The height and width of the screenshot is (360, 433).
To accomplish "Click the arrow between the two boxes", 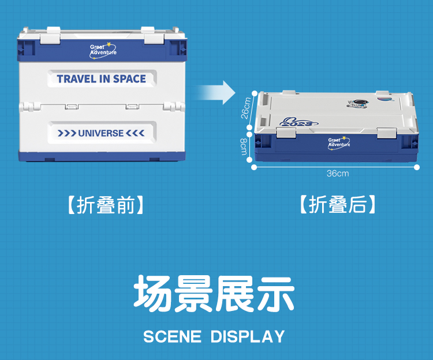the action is [216, 93].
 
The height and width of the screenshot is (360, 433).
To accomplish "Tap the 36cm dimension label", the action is [338, 174].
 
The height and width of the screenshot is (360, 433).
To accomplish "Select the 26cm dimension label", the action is [246, 108].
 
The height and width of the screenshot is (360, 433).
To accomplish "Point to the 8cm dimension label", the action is [243, 147].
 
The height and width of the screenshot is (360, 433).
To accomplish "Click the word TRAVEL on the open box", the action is [76, 79].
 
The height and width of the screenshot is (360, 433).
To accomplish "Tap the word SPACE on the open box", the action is [129, 79].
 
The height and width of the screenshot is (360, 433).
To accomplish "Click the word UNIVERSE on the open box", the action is [101, 133].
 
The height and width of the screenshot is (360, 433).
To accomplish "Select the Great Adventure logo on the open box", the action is [103, 51].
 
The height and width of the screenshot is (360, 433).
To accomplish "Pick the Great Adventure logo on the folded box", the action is [339, 143].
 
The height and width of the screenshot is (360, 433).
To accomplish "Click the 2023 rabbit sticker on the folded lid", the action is [298, 122].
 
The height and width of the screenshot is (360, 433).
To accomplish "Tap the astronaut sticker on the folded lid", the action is [357, 104].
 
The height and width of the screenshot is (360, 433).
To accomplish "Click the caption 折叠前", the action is [106, 205].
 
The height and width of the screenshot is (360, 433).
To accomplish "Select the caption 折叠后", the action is [338, 204].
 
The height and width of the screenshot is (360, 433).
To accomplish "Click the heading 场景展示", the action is [214, 294].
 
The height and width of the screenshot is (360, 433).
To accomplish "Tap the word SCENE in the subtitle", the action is [172, 336].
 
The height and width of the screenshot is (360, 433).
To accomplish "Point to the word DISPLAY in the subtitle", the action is [248, 336].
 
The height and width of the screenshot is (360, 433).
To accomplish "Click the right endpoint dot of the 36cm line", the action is [417, 167].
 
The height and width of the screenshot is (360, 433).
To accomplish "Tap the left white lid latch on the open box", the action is [50, 35].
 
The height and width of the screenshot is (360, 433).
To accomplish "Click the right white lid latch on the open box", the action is [154, 35].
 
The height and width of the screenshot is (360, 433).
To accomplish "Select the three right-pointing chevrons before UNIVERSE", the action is [67, 133].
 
